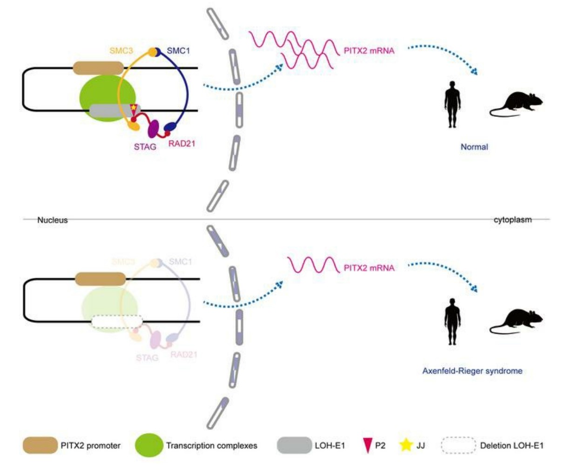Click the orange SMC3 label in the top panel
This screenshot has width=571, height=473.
pos(121,51)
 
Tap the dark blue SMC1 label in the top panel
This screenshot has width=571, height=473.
pos(179,51)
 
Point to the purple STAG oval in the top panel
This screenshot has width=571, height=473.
pos(154,128)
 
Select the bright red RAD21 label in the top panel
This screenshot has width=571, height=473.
pos(182,143)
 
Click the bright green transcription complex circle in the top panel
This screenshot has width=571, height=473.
pos(100,93)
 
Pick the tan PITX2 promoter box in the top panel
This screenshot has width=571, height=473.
pos(98,68)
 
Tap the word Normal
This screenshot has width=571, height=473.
pos(474,147)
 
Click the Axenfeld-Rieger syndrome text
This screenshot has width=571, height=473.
pos(472,371)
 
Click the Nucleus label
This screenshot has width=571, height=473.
pos(53,220)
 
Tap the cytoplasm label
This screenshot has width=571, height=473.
pos(512,220)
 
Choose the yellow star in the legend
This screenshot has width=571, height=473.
pos(406,446)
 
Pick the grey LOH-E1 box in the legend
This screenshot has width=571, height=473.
pos(294,446)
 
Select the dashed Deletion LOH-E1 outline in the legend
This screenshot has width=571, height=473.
pos(458,446)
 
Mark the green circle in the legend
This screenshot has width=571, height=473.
pos(149,446)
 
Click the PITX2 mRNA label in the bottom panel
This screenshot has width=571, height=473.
pos(369,268)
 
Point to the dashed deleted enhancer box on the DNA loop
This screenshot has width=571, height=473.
pos(117,321)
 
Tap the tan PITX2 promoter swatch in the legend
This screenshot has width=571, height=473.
pos(40,446)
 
